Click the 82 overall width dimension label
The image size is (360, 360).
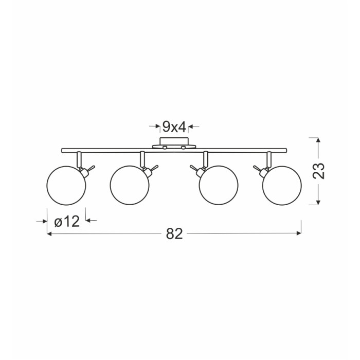pyautogui.click(x=174, y=233)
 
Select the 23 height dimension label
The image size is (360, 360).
pyautogui.click(x=318, y=171)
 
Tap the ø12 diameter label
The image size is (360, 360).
pyautogui.click(x=67, y=222)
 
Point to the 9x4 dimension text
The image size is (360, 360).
pyautogui.click(x=174, y=127)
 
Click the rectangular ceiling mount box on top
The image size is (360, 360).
pyautogui.click(x=174, y=141)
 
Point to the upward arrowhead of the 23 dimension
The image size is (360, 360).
pyautogui.click(x=318, y=140)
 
